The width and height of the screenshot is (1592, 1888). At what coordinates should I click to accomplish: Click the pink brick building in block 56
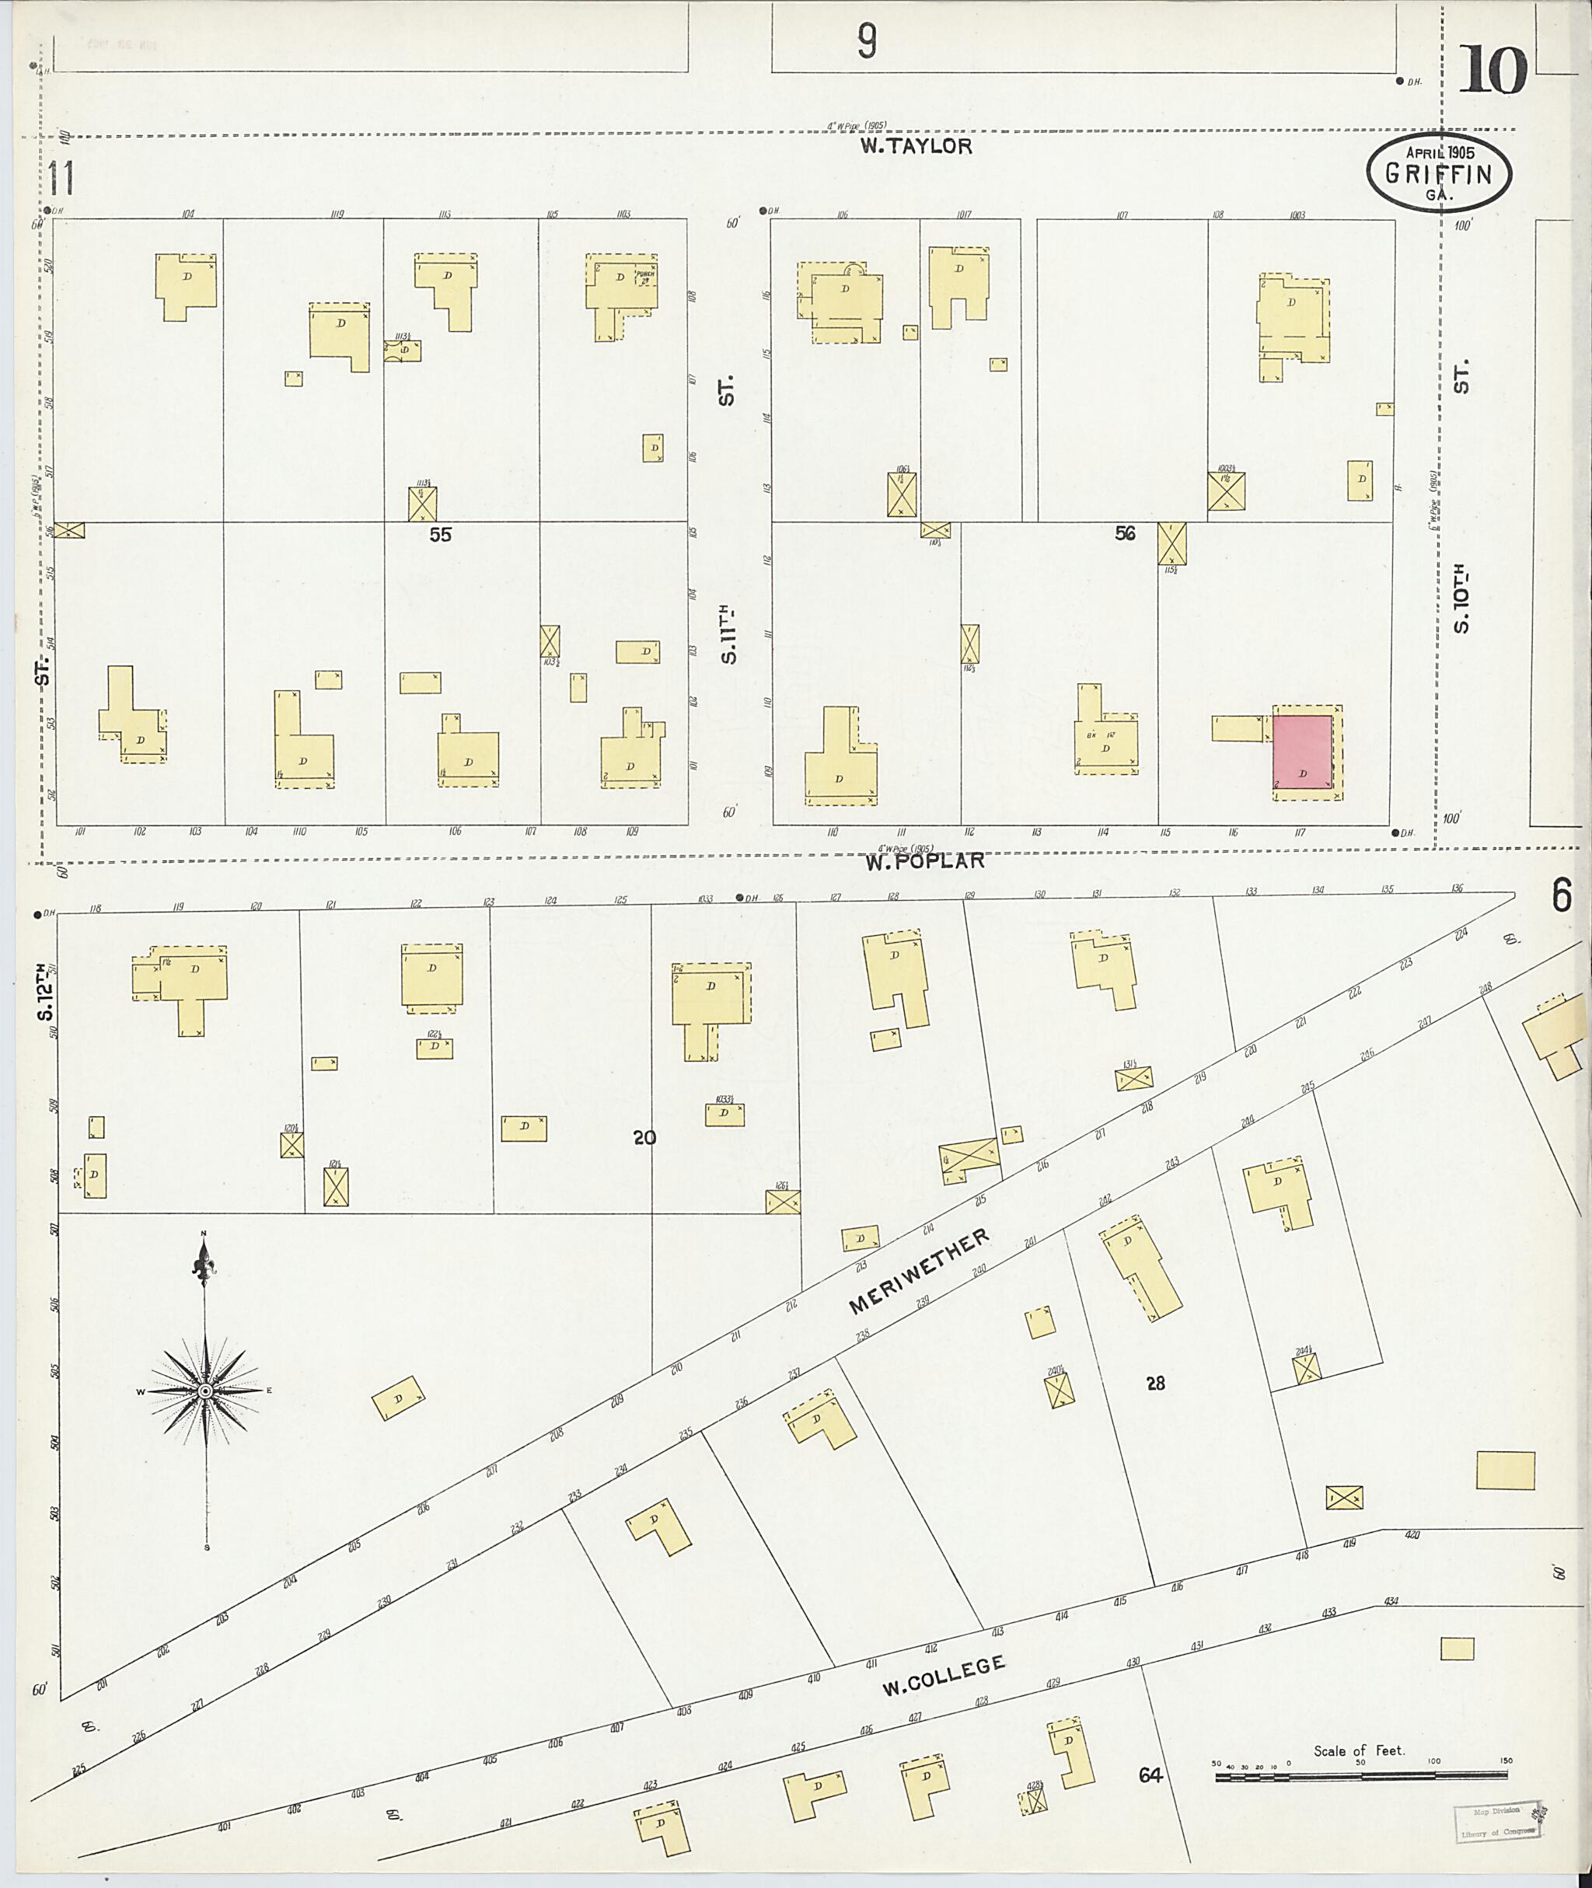coord(1302,751)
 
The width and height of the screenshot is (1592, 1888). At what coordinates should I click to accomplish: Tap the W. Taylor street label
coord(915,147)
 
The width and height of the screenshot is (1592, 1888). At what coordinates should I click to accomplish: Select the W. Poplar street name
coord(925,861)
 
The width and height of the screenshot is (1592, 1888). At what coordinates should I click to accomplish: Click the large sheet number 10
coord(1492,71)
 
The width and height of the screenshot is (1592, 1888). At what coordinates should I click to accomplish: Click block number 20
coord(644,1138)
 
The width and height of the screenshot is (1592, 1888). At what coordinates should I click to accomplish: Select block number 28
coord(1155,1383)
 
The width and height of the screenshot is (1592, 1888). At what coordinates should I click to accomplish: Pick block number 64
coord(1149,1776)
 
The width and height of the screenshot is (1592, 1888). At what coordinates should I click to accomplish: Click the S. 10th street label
coord(1461,600)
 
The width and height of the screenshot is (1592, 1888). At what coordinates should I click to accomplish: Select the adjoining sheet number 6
coord(1562,896)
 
